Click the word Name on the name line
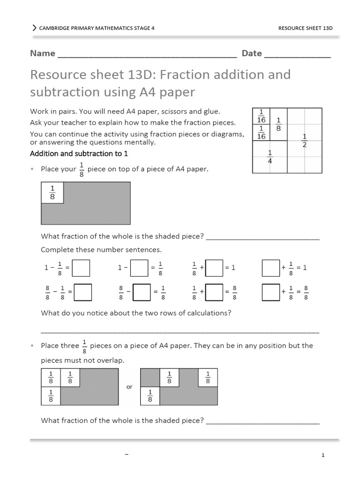pyautogui.click(x=43, y=53)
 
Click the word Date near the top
pyautogui.click(x=252, y=53)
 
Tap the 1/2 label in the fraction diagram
pyautogui.click(x=305, y=141)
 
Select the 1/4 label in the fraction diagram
pyautogui.click(x=270, y=157)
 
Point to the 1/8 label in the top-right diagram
pyautogui.click(x=278, y=124)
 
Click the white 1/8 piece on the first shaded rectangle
pyautogui.click(x=52, y=193)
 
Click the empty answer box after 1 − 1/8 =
pyautogui.click(x=81, y=268)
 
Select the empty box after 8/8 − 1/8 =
pyautogui.click(x=83, y=292)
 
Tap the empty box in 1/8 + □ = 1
pyautogui.click(x=215, y=268)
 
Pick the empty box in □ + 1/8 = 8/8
pyautogui.click(x=271, y=292)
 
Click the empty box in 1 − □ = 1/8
pyautogui.click(x=139, y=268)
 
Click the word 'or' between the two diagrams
pyautogui.click(x=130, y=387)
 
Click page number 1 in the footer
pyautogui.click(x=323, y=455)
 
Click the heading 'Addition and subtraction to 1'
pyautogui.click(x=79, y=154)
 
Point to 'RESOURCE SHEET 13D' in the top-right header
pyautogui.click(x=305, y=28)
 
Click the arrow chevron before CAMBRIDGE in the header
pyautogui.click(x=34, y=28)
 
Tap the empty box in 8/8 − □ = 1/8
pyautogui.click(x=142, y=292)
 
